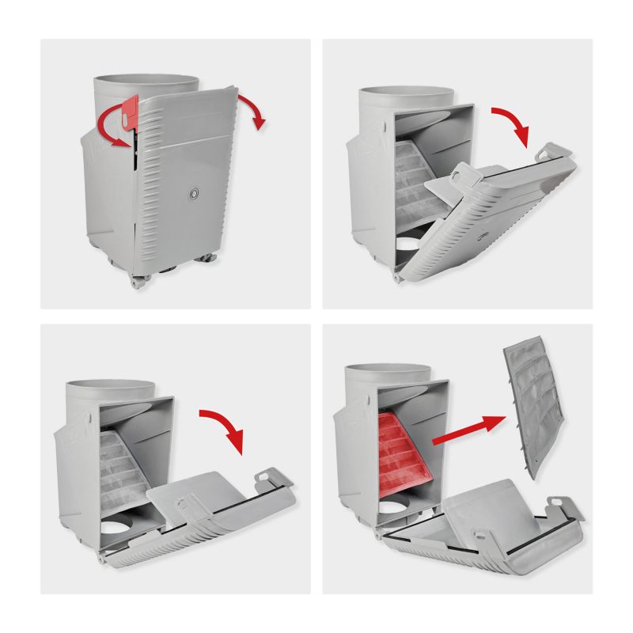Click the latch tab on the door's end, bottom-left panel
267,479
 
